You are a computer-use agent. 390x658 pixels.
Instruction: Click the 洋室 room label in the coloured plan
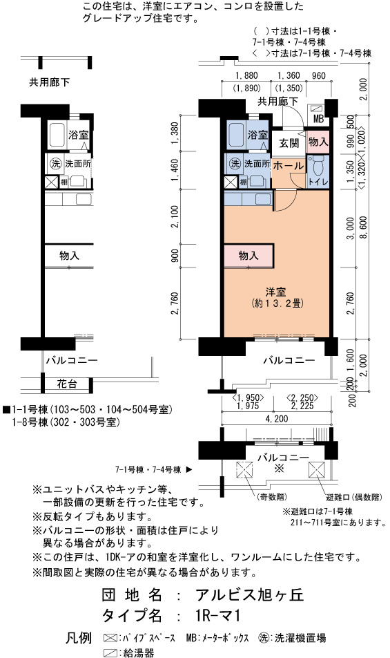click(x=275, y=292)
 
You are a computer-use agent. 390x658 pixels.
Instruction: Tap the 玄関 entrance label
click(x=289, y=143)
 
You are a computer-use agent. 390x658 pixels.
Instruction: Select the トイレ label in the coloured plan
click(x=318, y=182)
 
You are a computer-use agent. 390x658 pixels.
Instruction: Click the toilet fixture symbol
click(x=318, y=165)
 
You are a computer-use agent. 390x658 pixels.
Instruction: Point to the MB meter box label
click(x=319, y=119)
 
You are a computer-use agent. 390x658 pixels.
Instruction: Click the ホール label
click(x=289, y=166)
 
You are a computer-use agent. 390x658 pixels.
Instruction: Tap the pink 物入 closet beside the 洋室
click(x=248, y=255)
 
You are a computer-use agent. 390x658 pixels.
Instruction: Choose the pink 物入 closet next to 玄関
click(x=318, y=142)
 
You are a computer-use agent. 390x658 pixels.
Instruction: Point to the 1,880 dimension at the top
click(x=246, y=75)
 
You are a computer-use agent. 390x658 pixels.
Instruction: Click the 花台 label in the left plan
click(x=67, y=384)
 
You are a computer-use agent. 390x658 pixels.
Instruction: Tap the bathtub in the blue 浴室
click(x=235, y=135)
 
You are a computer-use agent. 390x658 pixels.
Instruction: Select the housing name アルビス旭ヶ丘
click(x=249, y=595)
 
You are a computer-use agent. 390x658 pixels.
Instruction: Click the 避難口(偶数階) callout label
click(x=354, y=497)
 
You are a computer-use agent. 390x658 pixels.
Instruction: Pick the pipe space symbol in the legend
click(x=110, y=638)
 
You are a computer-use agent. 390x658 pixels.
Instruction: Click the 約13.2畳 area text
click(x=277, y=303)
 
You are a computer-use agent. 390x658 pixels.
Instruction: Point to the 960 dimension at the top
click(x=319, y=75)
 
